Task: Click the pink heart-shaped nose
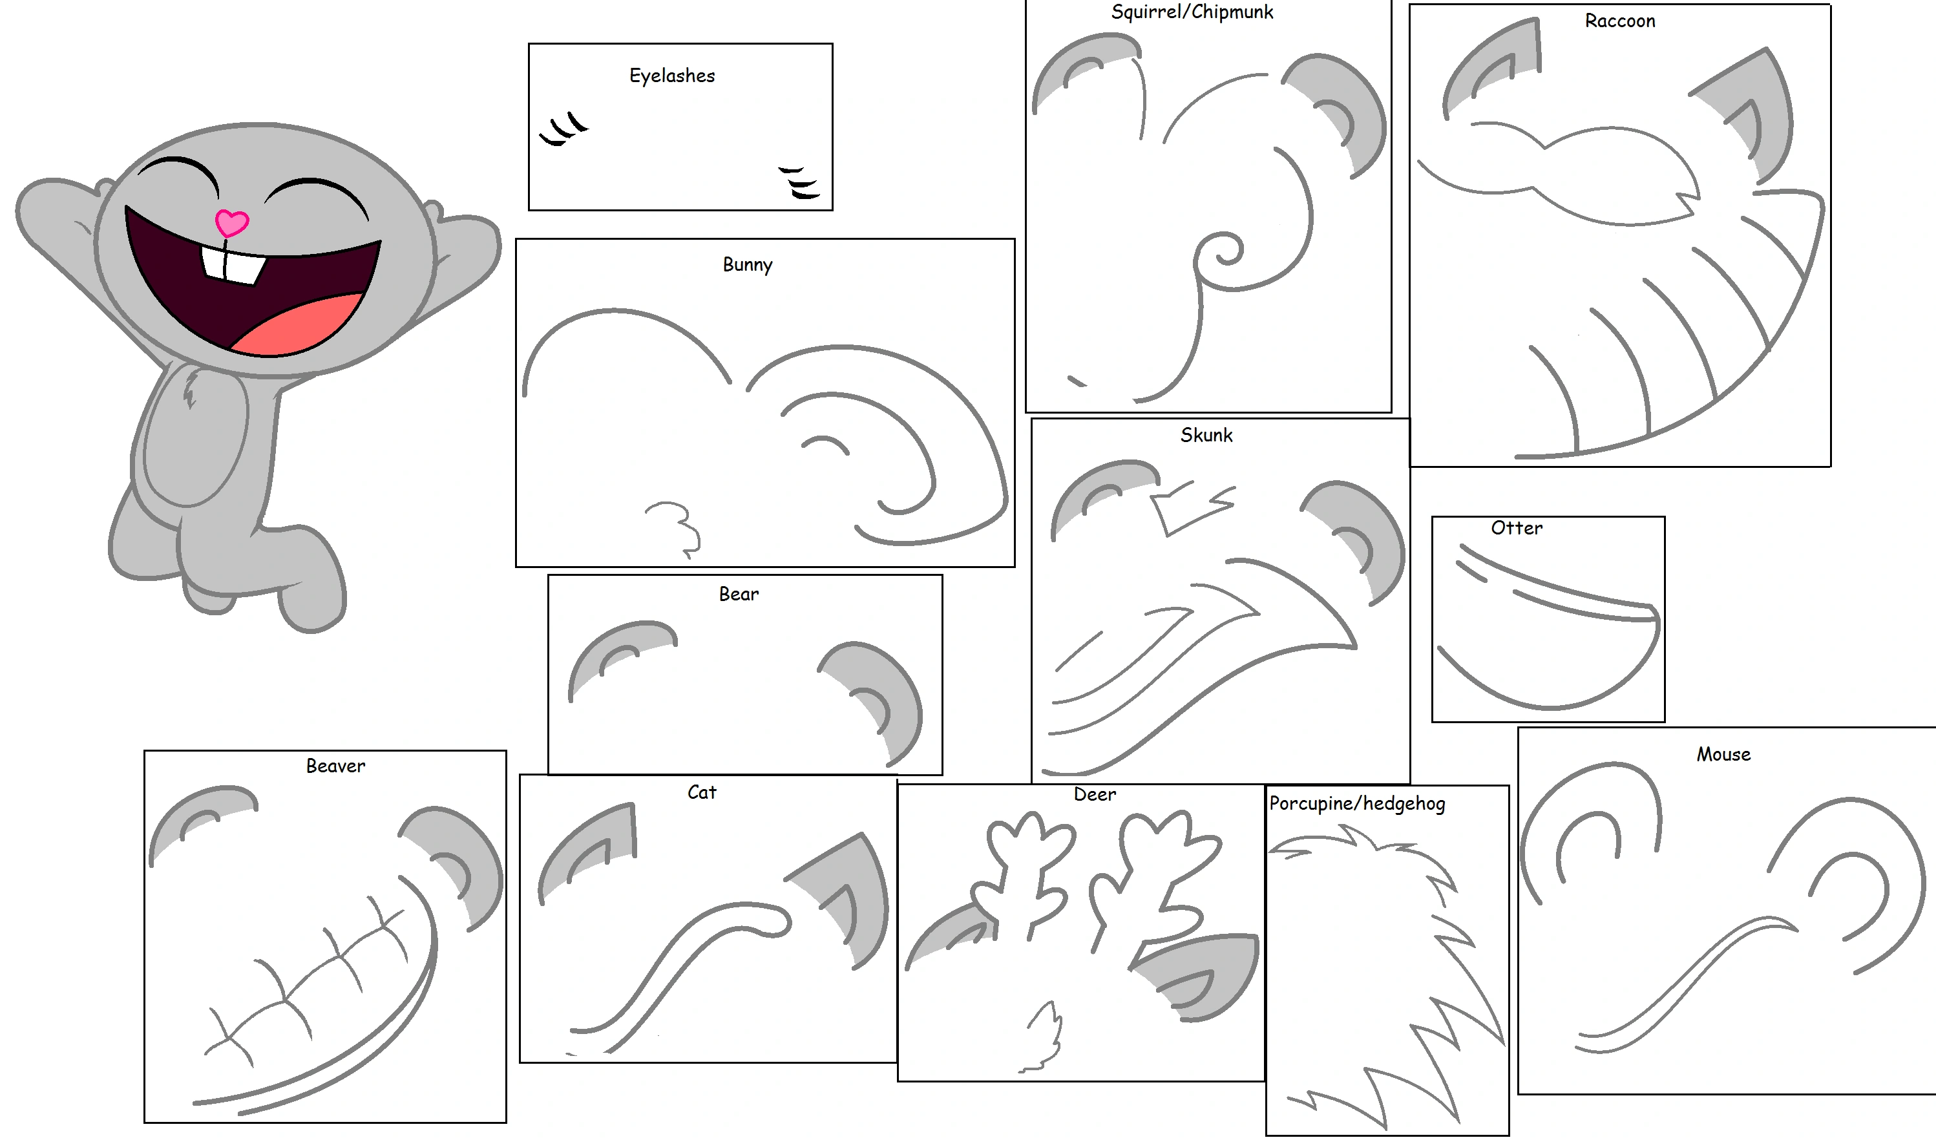click(231, 223)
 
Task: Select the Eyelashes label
click(671, 75)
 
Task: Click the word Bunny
click(747, 264)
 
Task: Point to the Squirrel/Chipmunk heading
click(1192, 12)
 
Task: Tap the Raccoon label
click(1619, 21)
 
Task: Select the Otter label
click(1516, 528)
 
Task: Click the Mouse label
click(1723, 754)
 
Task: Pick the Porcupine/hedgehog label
click(1357, 803)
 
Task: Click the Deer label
click(1094, 794)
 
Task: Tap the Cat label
click(700, 792)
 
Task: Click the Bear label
click(739, 594)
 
